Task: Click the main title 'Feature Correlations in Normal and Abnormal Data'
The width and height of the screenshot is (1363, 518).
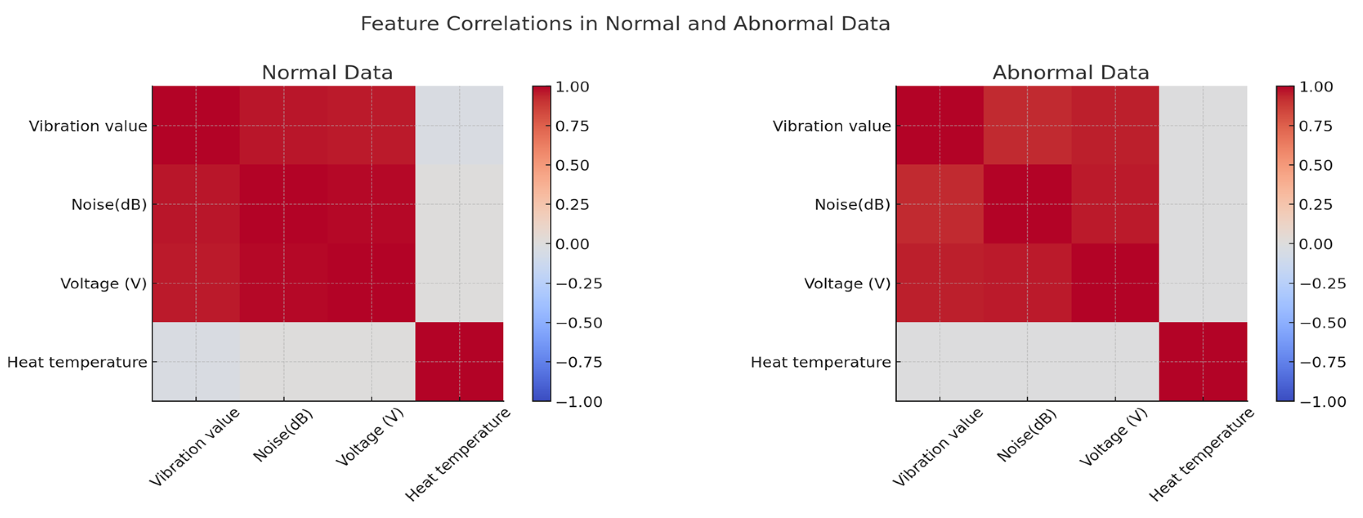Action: pos(625,24)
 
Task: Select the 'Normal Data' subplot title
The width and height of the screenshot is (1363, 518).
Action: pos(327,73)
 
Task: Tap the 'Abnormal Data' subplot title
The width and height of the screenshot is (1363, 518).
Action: pos(1071,73)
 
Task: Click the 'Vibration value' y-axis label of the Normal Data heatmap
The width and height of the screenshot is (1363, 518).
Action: pos(88,126)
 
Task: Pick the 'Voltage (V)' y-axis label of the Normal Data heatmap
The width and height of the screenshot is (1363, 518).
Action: pos(104,284)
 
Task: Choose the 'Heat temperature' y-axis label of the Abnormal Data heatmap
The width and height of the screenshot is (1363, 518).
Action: pos(821,362)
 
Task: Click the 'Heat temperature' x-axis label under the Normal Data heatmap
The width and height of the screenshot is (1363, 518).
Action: pos(457,454)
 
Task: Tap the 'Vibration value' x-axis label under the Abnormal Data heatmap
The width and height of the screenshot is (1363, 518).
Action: pos(937,447)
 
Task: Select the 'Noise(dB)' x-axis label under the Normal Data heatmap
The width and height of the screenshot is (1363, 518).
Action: pos(283,435)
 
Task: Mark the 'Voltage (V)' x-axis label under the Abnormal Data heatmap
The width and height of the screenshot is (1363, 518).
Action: pos(1113,437)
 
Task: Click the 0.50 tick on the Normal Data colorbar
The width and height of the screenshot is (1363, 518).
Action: pos(572,165)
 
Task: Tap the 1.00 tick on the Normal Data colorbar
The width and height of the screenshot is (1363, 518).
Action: pos(572,87)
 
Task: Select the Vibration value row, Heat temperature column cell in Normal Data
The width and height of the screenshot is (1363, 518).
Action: pos(459,125)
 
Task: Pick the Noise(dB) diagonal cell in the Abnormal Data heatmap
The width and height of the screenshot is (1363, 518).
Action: pos(1027,204)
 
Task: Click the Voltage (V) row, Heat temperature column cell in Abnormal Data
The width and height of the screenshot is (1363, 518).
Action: pos(1203,283)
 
